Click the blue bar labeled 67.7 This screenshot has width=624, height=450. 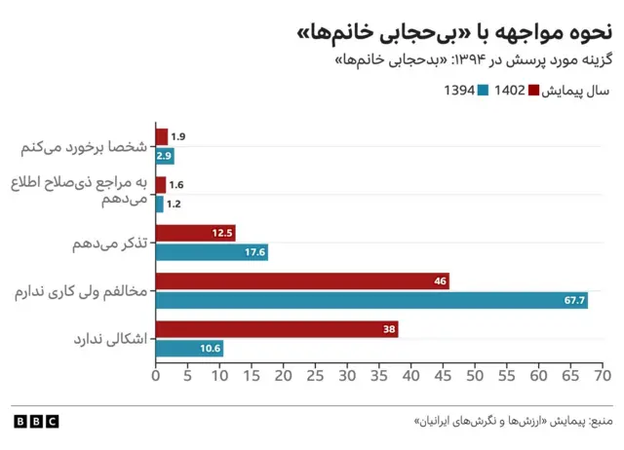370,300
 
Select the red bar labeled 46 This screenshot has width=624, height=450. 302,281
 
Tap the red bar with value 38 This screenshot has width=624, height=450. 277,329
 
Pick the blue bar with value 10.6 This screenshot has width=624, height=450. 189,348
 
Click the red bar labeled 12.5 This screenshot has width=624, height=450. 195,233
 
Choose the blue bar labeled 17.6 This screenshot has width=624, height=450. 212,252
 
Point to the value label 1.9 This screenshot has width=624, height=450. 178,136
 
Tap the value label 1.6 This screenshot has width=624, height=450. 176,185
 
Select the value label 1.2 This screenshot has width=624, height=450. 174,204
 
